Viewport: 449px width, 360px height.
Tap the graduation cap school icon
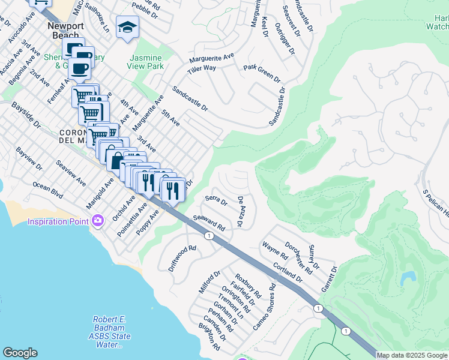pos(127,27)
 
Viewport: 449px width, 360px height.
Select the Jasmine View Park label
pos(147,61)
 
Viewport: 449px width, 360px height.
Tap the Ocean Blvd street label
pos(48,190)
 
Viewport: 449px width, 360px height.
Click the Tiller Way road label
pos(201,69)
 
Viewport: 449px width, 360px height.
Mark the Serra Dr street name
pos(216,200)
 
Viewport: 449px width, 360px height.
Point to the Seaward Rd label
pos(209,224)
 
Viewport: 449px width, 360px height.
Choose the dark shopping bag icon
pos(115,159)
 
